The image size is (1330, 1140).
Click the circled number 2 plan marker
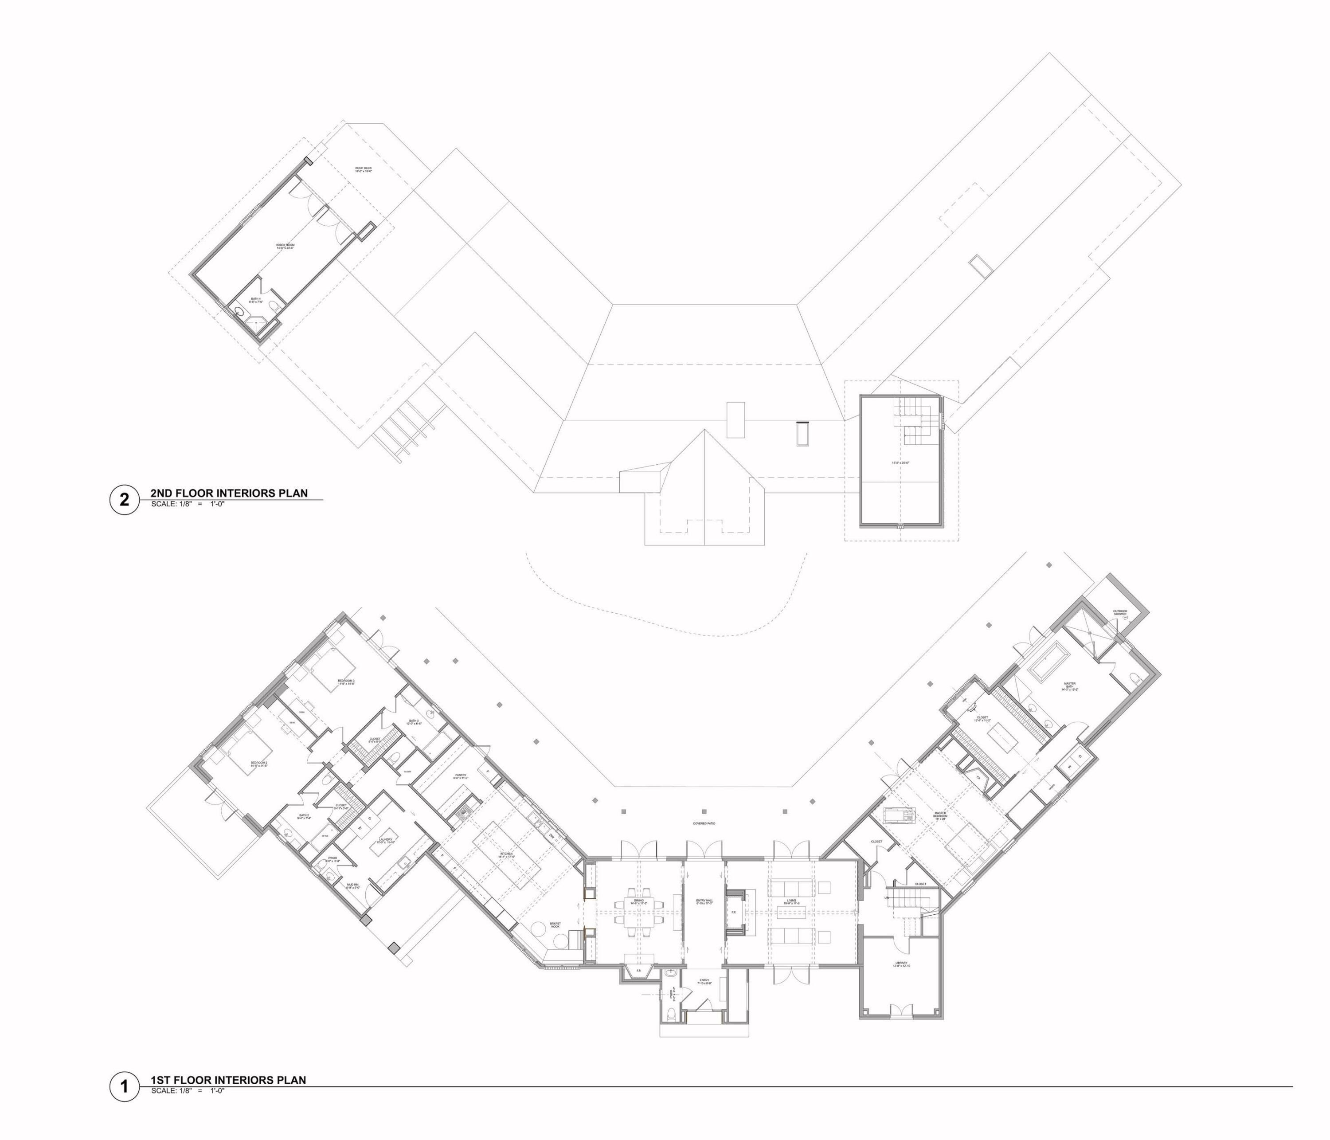pyautogui.click(x=125, y=499)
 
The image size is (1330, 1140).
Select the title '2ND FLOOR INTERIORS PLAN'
pyautogui.click(x=229, y=493)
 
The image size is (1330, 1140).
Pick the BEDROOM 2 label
pyautogui.click(x=258, y=764)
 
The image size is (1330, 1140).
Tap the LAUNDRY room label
pyautogui.click(x=386, y=840)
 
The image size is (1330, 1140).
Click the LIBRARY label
pyautogui.click(x=902, y=964)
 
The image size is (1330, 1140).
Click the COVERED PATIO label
pyautogui.click(x=704, y=823)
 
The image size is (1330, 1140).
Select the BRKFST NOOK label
pyautogui.click(x=555, y=925)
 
